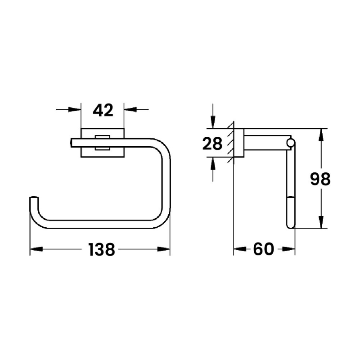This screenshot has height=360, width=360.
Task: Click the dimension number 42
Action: [x=103, y=110]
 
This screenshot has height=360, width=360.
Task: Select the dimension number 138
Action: [x=102, y=250]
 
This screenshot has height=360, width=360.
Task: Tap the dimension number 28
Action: [x=212, y=144]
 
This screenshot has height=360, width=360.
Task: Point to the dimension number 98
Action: [x=320, y=179]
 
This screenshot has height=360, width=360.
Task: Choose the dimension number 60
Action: [x=264, y=249]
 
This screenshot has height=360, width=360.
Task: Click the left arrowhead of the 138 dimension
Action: [x=36, y=249]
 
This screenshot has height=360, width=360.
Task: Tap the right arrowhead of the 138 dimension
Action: [x=163, y=249]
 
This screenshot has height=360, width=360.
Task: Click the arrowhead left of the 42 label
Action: [x=75, y=109]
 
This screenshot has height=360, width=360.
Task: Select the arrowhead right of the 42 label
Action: [x=130, y=109]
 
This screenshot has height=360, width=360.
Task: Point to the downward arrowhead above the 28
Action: [x=213, y=122]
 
